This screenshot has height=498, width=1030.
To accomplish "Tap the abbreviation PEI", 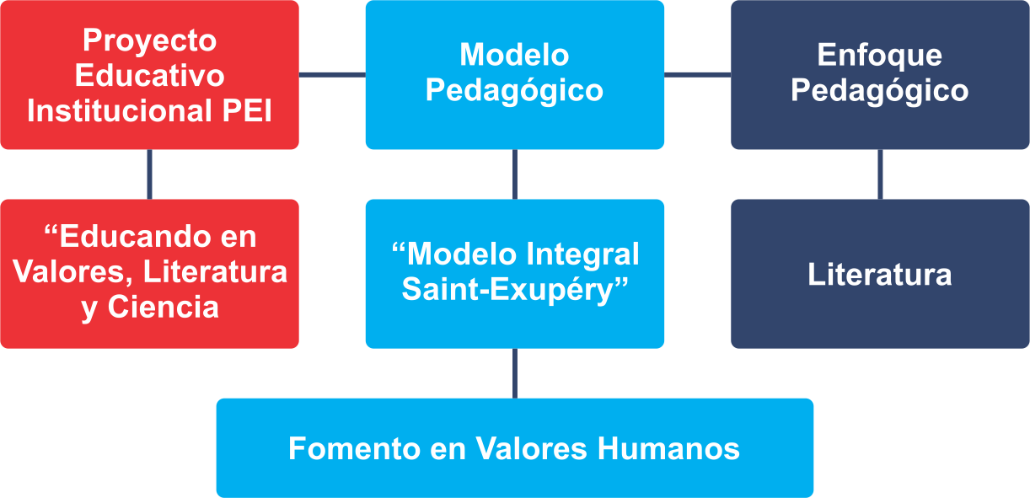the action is click(247, 110).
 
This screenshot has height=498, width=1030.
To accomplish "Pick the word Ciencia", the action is click(164, 307).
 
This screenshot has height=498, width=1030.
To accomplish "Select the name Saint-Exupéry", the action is click(507, 291).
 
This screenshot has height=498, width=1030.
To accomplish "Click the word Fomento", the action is click(355, 448).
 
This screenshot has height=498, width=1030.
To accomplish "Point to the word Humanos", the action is click(668, 448).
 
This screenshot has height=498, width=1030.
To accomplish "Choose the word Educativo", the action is click(149, 75).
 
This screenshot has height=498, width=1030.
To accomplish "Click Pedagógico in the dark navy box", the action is click(880, 92).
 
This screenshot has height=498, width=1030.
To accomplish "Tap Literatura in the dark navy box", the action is click(880, 275).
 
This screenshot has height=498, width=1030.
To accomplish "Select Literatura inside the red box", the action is click(215, 272).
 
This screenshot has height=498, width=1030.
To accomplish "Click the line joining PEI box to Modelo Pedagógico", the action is click(332, 75).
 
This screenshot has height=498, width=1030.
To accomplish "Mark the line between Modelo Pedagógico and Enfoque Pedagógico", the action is click(698, 75).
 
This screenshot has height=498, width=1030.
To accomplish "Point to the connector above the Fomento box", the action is click(514, 373).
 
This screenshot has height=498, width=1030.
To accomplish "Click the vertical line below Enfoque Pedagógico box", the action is click(880, 174).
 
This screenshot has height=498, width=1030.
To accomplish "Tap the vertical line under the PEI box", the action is click(149, 174).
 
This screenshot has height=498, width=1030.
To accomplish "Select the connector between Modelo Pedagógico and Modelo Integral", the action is click(514, 174).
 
